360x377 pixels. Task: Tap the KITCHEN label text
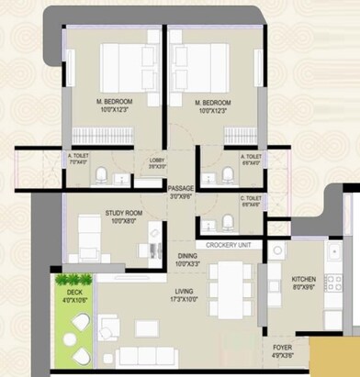[x=304, y=278]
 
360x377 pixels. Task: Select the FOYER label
[x=283, y=348]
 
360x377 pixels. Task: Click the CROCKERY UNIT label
[x=228, y=245]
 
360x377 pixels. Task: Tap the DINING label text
[x=186, y=256]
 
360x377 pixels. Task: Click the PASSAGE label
[x=182, y=188]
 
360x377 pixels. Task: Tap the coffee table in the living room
[x=145, y=327]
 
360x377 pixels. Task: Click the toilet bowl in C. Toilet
[x=228, y=222]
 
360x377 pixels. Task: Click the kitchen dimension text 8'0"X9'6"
[x=304, y=287]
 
